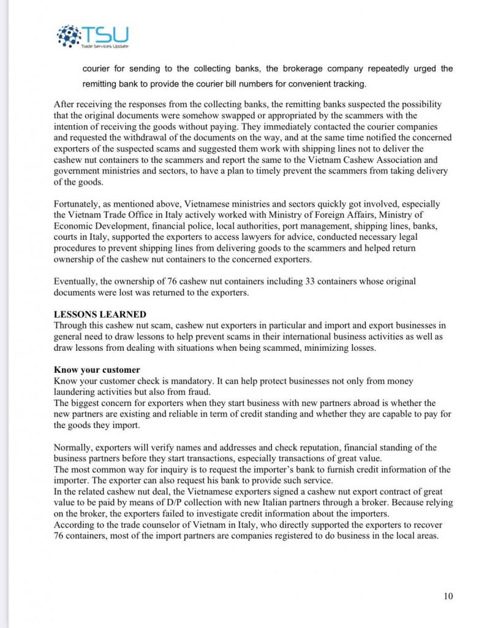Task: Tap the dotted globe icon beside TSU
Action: (x=69, y=36)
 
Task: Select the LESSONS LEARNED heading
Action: (x=100, y=314)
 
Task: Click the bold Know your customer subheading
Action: (x=97, y=370)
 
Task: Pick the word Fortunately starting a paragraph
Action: (x=78, y=204)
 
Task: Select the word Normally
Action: (x=75, y=448)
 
